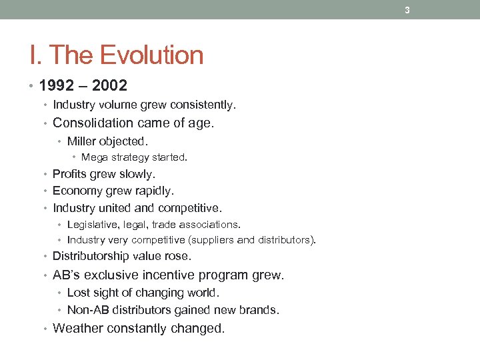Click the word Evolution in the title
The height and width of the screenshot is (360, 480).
point(155,55)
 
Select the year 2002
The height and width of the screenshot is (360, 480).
point(109,86)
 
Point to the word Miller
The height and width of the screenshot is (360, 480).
point(81,141)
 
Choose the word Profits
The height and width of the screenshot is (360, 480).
point(70,174)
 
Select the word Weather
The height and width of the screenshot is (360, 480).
point(77,328)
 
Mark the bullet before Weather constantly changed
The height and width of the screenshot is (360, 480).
point(47,328)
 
